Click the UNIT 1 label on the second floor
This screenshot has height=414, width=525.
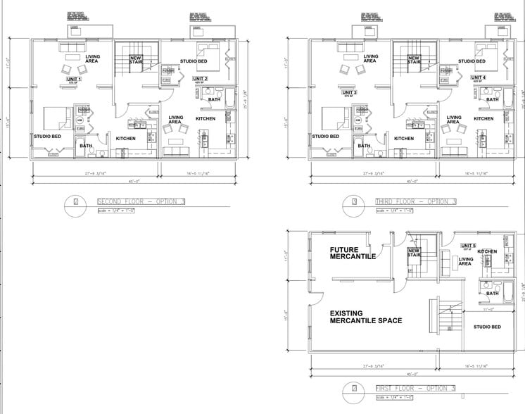tap(74, 79)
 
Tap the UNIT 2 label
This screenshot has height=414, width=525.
tap(201, 78)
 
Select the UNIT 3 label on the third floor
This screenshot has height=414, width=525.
tap(350, 92)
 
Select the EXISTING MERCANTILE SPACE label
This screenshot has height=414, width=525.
tap(366, 316)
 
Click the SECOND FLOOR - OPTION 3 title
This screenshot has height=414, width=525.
tap(141, 202)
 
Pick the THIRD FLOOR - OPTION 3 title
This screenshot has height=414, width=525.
tap(415, 202)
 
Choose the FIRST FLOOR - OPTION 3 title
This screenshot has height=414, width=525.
tap(415, 388)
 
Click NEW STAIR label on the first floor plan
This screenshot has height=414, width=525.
tap(415, 253)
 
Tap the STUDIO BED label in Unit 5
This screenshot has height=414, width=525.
tap(487, 327)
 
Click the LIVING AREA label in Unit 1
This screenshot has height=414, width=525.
tap(93, 58)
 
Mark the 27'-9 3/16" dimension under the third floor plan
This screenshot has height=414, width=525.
tap(372, 172)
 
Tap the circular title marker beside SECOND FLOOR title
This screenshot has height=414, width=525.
tap(76, 202)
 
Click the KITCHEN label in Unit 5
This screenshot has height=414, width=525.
tap(488, 251)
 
